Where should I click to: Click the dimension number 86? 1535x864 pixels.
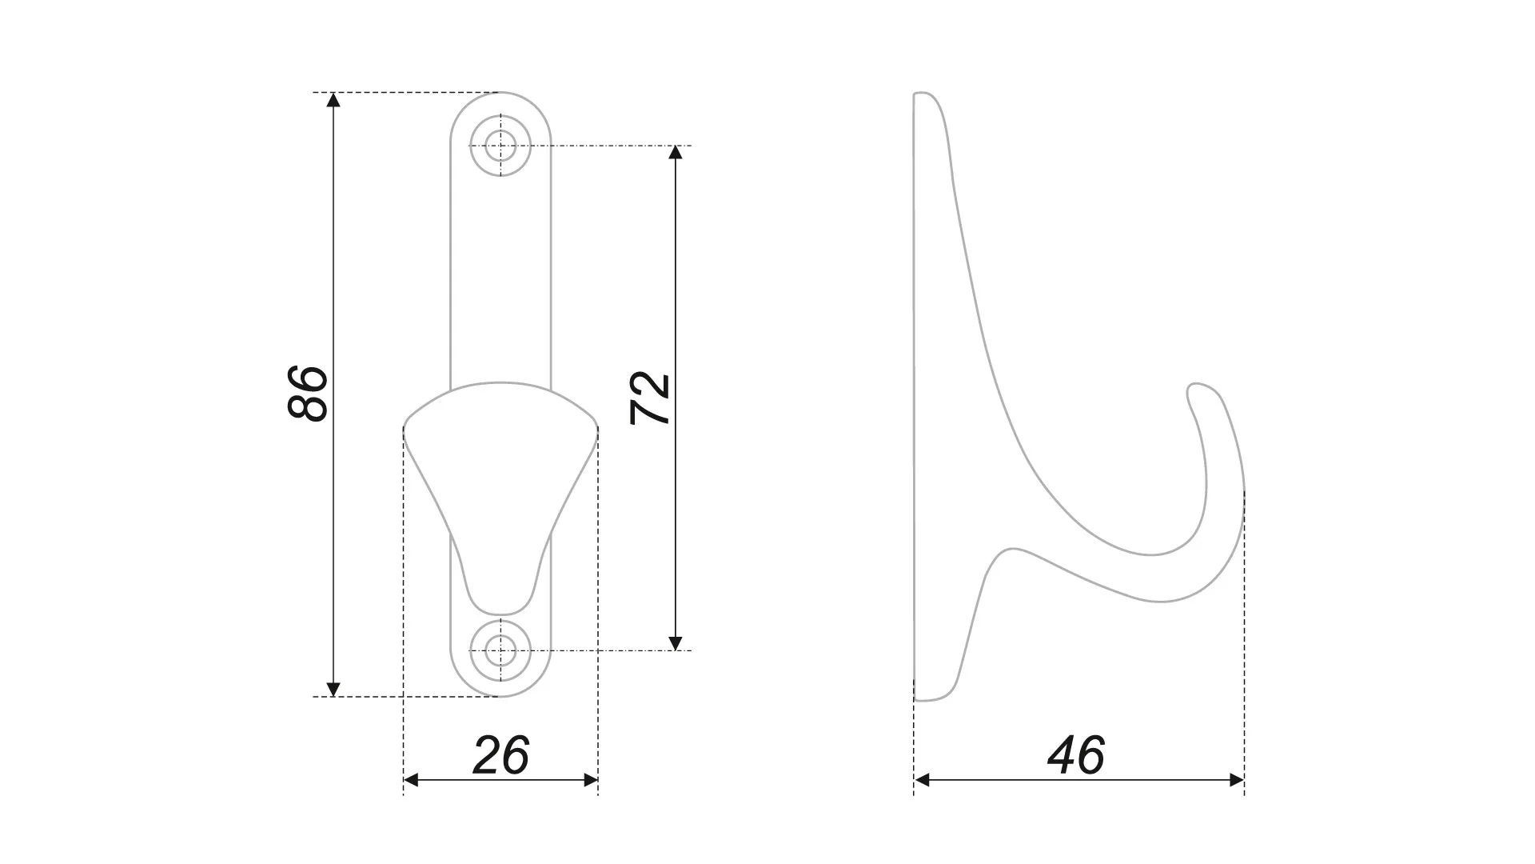coord(308,393)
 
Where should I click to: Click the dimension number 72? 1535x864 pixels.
coord(650,398)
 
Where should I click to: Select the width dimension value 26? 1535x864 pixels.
coord(501,755)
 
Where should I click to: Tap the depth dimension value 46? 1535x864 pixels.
coord(1076,755)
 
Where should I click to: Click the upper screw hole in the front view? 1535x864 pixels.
coord(500,146)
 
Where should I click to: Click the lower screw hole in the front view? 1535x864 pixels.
coord(500,650)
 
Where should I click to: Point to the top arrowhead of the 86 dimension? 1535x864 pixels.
coord(334,100)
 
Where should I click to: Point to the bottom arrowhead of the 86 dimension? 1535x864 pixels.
coord(334,689)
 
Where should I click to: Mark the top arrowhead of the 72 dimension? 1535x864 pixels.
coord(676,153)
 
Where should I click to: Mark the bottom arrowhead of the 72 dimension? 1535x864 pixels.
coord(676,642)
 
